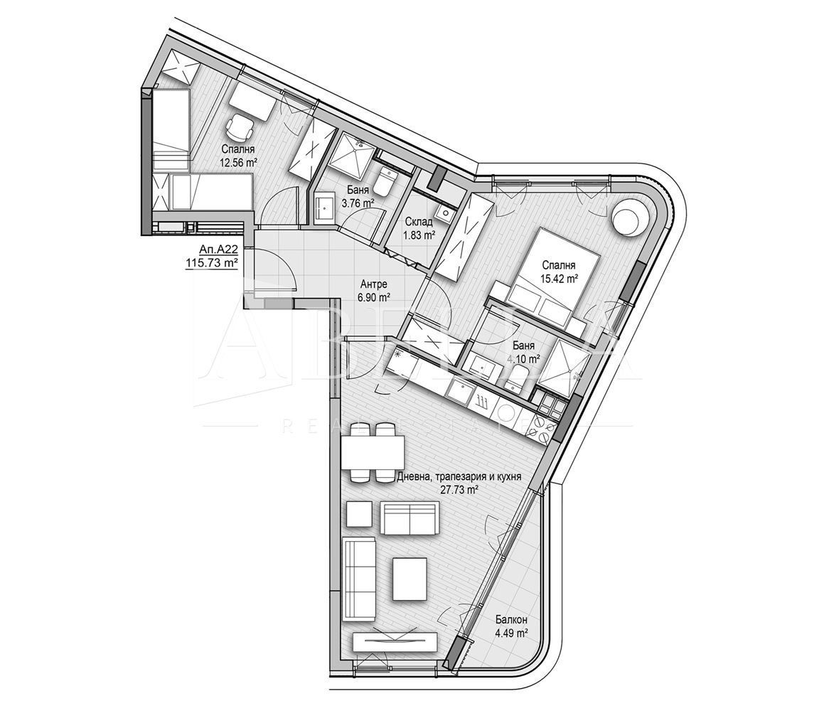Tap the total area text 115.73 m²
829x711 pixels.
point(210,263)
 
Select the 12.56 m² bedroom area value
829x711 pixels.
point(238,163)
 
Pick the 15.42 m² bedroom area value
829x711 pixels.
point(557,277)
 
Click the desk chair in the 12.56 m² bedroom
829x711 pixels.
point(240,128)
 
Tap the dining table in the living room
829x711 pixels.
point(373,452)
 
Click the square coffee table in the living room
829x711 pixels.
point(410,578)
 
